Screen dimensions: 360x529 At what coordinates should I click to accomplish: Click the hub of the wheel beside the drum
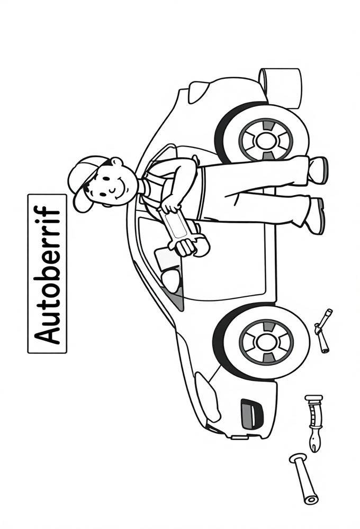coord(265,140)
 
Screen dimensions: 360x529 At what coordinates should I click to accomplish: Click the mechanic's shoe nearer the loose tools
coord(315,216)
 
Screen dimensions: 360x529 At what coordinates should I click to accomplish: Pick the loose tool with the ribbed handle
coord(313,422)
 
